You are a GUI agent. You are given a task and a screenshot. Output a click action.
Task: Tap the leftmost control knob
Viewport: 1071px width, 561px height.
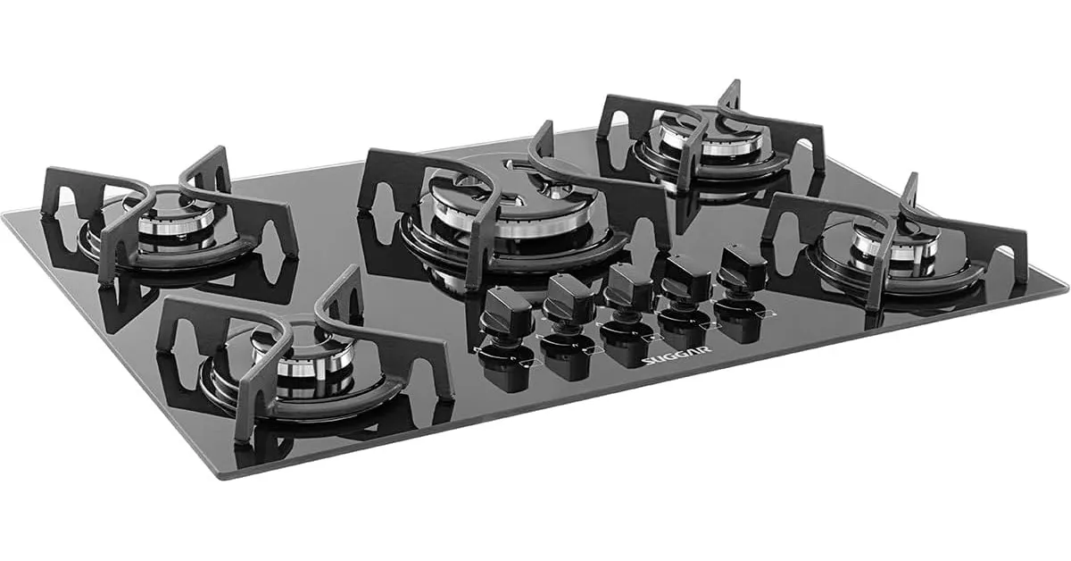(x=506, y=313)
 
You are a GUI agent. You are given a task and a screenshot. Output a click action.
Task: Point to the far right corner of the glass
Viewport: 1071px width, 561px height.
(x=1066, y=288)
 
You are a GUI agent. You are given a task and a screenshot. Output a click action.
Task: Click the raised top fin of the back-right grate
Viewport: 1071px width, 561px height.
(x=732, y=94)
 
